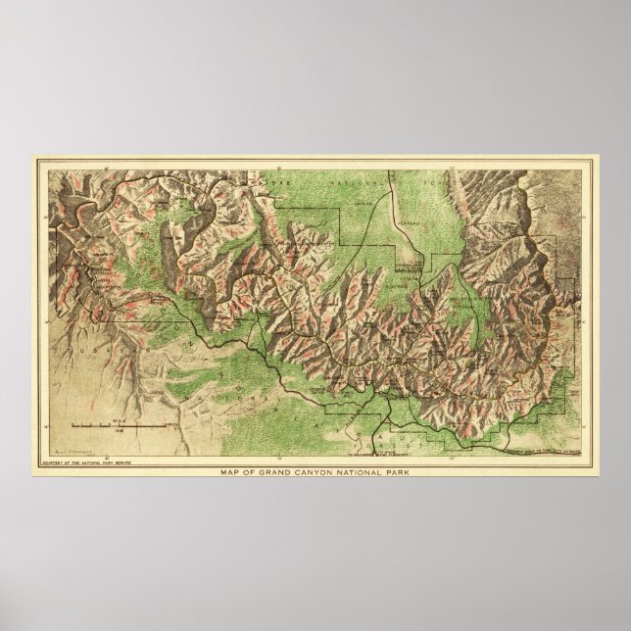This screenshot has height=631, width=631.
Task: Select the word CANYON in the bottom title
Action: tap(321, 474)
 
